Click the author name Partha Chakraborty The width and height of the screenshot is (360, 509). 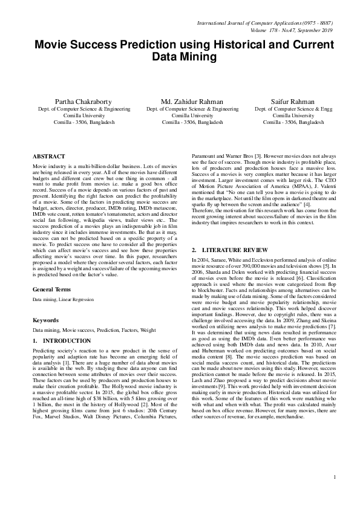click(83, 101)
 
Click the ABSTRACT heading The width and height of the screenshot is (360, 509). click(48, 156)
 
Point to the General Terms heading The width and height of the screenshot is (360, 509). click(53, 273)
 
